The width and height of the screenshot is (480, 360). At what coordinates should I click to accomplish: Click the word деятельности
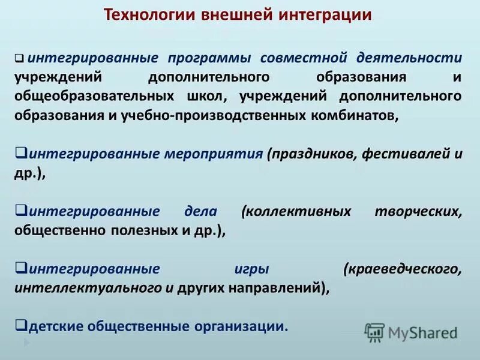click(x=409, y=58)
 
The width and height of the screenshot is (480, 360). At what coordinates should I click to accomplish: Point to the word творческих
click(x=418, y=211)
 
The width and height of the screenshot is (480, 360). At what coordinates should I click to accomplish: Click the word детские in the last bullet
click(x=55, y=326)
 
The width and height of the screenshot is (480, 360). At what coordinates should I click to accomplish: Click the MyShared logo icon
click(x=374, y=332)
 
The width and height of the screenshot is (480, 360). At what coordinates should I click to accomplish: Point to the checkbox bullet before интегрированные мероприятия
click(x=20, y=153)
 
